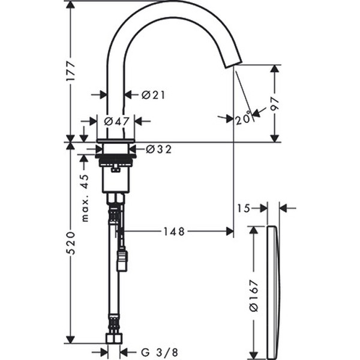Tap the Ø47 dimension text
click(x=117, y=121)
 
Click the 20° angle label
click(x=243, y=119)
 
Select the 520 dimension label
click(x=70, y=242)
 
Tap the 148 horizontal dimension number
click(x=174, y=231)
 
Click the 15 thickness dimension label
click(x=242, y=208)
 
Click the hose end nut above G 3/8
click(x=114, y=338)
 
